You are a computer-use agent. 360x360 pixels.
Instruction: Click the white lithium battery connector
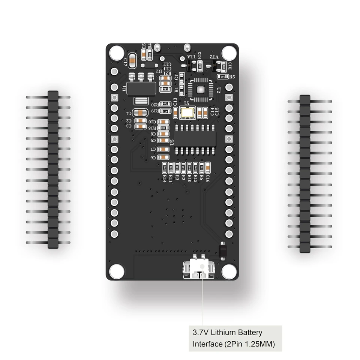coord(199,270)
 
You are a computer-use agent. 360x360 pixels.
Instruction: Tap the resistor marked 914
coord(165,89)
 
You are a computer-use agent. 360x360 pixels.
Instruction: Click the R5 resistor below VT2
coord(222,76)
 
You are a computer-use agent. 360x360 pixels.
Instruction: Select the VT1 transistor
coord(189,66)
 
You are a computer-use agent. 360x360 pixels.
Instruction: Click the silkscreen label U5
coord(172,142)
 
